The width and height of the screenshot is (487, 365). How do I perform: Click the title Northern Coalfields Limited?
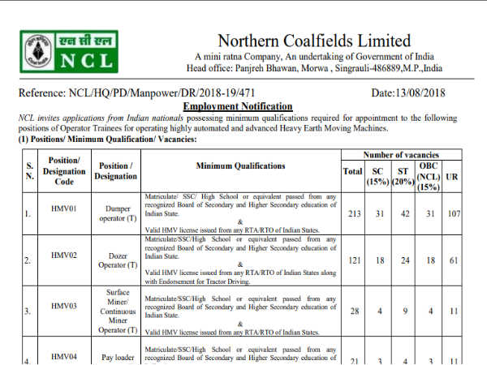pyautogui.click(x=314, y=41)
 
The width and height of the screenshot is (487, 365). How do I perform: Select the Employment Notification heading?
pyautogui.click(x=237, y=107)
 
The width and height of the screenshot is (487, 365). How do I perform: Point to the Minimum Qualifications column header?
pyautogui.click(x=240, y=166)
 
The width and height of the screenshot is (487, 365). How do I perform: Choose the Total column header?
pyautogui.click(x=352, y=171)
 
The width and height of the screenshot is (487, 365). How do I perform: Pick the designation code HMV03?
pyautogui.click(x=62, y=299)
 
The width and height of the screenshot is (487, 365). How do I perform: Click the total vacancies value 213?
pyautogui.click(x=352, y=215)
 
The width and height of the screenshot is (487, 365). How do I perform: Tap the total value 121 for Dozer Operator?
pyautogui.click(x=352, y=263)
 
